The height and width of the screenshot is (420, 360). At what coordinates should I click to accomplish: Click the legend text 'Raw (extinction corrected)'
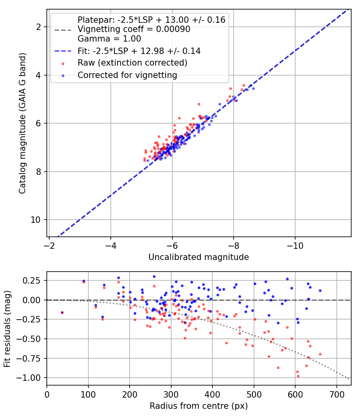(132, 63)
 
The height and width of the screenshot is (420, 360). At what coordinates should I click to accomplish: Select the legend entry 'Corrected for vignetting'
(127, 75)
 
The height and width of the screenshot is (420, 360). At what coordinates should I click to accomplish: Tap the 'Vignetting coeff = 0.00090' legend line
(134, 29)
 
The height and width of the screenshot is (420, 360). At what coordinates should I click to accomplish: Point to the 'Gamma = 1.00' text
(109, 39)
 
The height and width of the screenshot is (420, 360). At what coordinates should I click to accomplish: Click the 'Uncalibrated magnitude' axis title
(199, 257)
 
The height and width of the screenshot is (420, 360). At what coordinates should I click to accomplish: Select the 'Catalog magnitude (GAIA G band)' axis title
(22, 123)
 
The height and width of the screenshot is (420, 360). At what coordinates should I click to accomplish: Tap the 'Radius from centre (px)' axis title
(199, 406)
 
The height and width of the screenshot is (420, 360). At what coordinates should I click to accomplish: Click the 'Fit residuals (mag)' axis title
(7, 329)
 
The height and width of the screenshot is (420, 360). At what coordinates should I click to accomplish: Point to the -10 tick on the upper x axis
(295, 246)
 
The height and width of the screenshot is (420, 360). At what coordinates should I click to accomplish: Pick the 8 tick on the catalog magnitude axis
(39, 172)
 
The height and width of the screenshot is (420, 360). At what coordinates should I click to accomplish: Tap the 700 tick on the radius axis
(336, 394)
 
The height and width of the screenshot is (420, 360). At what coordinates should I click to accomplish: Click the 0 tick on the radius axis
(47, 394)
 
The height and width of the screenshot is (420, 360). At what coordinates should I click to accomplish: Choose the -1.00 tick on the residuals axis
(29, 378)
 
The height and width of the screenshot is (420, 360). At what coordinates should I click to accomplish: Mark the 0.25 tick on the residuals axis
(32, 281)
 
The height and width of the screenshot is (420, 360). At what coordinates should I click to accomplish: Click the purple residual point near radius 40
(62, 312)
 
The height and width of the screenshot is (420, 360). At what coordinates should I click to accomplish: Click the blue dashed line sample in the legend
(63, 51)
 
